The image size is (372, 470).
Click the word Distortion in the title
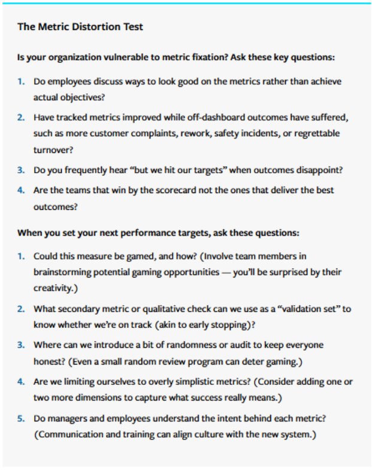[98, 27]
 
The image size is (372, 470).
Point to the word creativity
[53, 287]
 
